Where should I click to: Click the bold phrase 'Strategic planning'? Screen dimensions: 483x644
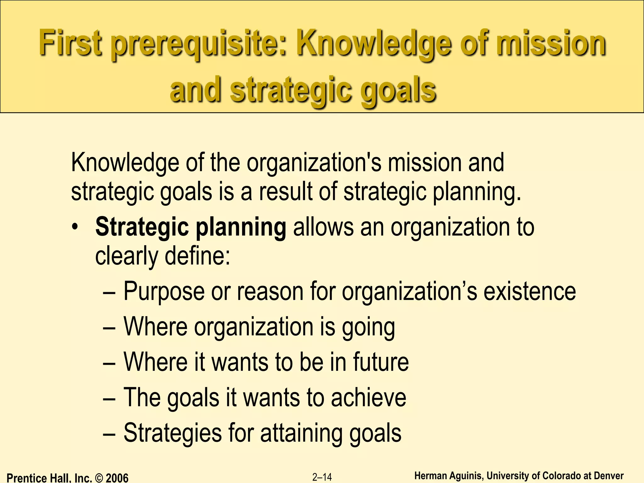coord(191,227)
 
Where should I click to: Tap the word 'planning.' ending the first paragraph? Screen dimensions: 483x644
coord(477,192)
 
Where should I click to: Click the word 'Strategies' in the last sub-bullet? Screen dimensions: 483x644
coord(173,433)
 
